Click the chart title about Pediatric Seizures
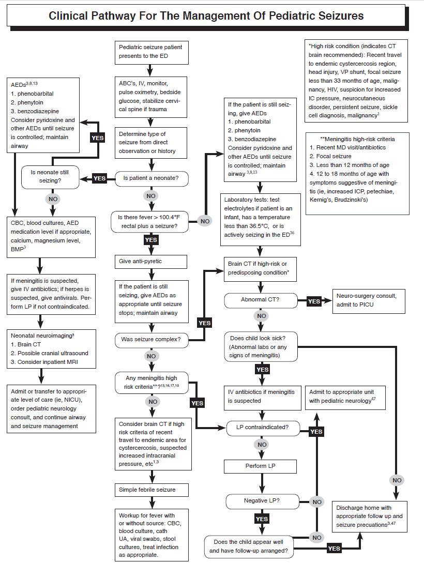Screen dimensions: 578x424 pos(206,16)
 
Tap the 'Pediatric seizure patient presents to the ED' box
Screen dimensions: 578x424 pos(150,51)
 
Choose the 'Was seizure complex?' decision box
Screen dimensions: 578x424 pos(151,340)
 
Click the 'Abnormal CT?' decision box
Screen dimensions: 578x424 pos(261,300)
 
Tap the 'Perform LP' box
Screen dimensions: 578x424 pos(261,466)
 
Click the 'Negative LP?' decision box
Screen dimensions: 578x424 pos(261,501)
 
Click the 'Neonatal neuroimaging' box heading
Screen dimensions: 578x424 pos(42,336)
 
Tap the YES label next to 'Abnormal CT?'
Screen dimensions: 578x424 pos(314,301)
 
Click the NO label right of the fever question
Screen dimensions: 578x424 pos(205,221)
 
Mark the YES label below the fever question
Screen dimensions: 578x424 pos(151,240)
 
